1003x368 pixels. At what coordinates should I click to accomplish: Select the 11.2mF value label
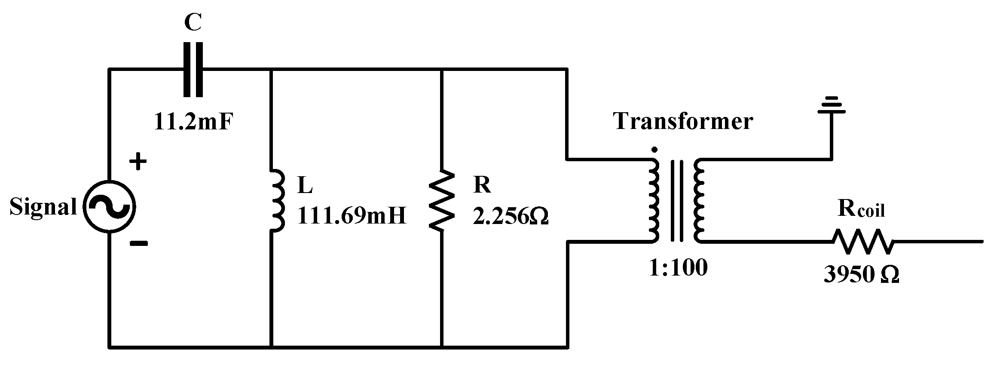click(195, 122)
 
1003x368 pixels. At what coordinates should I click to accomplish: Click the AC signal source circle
click(109, 207)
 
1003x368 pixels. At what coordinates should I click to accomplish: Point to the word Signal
click(43, 207)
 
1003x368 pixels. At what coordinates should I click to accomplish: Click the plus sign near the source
click(138, 163)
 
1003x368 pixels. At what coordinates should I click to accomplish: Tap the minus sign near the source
click(138, 244)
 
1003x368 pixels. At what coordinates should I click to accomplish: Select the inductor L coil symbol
click(277, 200)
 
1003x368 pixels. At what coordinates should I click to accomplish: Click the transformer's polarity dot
click(654, 150)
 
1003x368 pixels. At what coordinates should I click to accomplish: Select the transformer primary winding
click(653, 200)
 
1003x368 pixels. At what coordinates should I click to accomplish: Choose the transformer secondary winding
click(699, 200)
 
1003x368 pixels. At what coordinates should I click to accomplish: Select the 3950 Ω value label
click(861, 275)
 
